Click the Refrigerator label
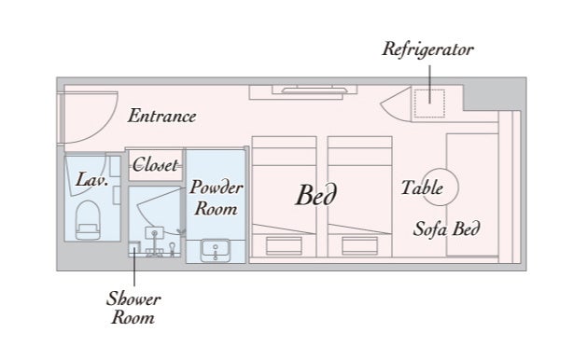click(428, 49)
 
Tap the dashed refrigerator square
click(429, 104)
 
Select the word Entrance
click(161, 116)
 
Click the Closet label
click(155, 165)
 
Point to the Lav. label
click(92, 180)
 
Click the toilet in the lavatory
click(88, 220)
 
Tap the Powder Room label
click(217, 198)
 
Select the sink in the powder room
click(216, 250)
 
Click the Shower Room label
click(133, 309)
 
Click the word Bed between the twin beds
click(316, 195)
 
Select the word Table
click(422, 187)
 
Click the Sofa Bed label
click(446, 228)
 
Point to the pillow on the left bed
click(284, 245)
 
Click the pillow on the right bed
click(360, 245)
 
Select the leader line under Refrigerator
click(430, 84)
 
